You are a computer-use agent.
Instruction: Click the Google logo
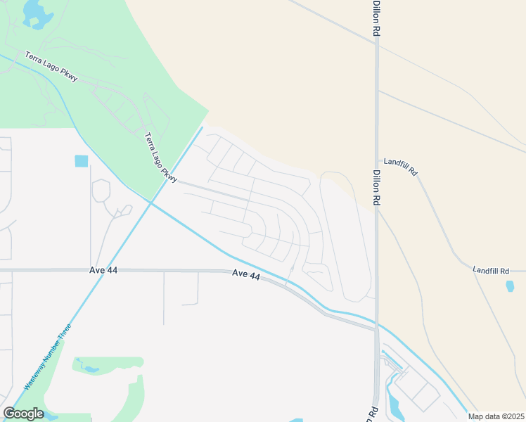(x=24, y=414)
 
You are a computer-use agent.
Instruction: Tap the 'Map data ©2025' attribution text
(x=496, y=416)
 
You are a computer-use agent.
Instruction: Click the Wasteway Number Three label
(x=48, y=357)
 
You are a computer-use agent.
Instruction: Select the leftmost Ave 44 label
(x=103, y=270)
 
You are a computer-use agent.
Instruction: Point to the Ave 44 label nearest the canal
(x=246, y=275)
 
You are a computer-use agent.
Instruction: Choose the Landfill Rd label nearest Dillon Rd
(x=400, y=171)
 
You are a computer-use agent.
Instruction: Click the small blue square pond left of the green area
(x=82, y=160)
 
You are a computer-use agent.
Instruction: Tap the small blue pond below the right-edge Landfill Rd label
(x=509, y=286)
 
